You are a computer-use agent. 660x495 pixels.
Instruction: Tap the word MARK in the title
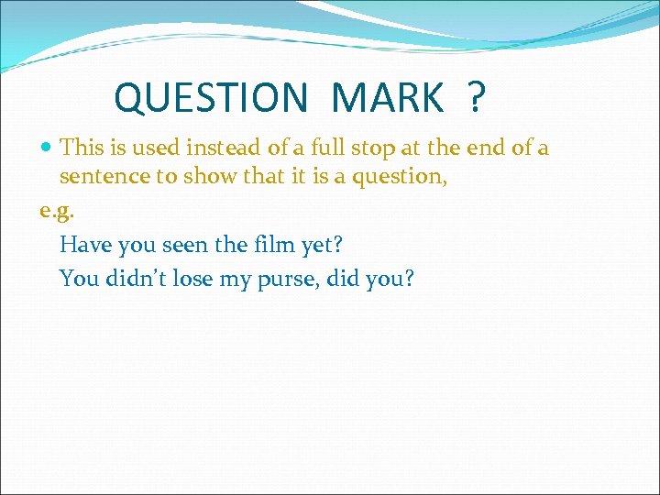387,96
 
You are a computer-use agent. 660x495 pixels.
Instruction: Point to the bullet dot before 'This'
48,148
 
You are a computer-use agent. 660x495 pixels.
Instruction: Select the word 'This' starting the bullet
81,148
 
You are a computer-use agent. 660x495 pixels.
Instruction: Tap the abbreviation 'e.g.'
55,212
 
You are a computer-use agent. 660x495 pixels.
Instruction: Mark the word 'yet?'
322,246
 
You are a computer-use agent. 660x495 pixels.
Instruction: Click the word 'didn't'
134,278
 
